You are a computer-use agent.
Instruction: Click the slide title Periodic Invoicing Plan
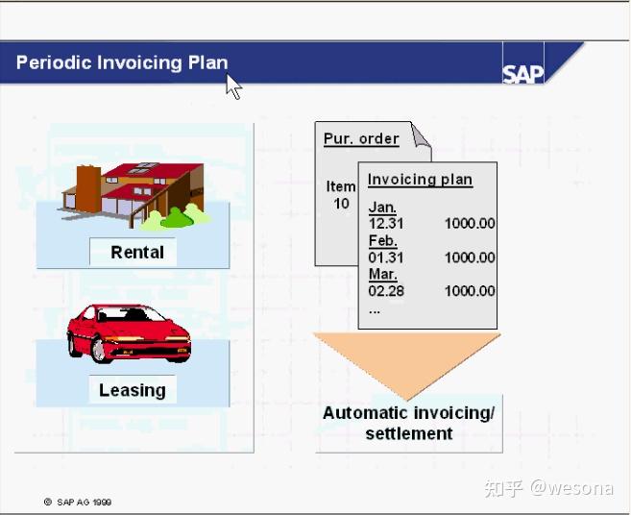point(122,63)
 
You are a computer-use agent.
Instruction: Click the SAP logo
point(522,72)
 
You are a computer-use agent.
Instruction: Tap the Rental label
point(137,253)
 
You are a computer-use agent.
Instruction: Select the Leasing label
point(133,390)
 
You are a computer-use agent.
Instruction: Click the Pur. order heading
point(361,138)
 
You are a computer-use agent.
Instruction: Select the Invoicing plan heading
point(420,180)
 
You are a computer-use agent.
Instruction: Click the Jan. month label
point(382,208)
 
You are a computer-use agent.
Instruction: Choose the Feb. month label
point(382,241)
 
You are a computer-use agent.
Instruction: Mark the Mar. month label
point(382,275)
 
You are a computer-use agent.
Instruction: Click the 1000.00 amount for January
point(470,223)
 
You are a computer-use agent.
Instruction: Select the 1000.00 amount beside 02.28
point(470,290)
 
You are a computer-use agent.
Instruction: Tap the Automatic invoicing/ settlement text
point(408,423)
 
